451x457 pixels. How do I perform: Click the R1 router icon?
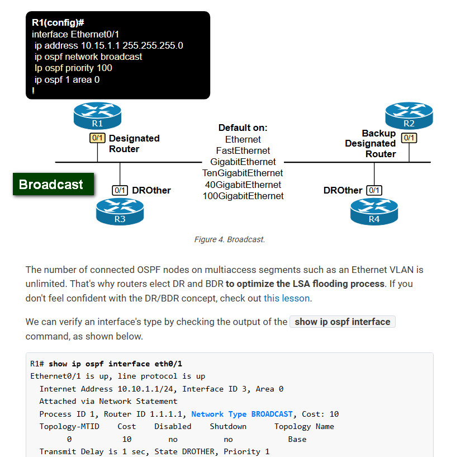click(97, 115)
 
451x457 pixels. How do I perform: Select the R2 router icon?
click(409, 115)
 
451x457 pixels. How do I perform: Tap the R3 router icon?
click(120, 211)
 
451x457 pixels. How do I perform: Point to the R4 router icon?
click(374, 211)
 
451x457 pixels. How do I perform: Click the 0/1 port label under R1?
click(97, 138)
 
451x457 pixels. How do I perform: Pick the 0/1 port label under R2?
click(409, 138)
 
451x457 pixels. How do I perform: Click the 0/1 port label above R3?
click(120, 190)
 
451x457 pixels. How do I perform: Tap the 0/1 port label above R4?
click(374, 190)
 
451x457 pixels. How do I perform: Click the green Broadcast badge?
click(53, 184)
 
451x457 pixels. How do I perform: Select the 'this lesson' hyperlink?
click(287, 298)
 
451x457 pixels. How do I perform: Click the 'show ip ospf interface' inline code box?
click(343, 322)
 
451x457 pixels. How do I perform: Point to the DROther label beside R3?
click(151, 190)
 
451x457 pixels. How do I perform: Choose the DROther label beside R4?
click(343, 190)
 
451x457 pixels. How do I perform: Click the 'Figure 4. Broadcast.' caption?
click(230, 239)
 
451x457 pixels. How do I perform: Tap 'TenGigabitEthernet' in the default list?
click(243, 173)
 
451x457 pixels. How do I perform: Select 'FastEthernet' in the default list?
click(243, 150)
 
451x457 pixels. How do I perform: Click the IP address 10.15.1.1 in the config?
click(100, 45)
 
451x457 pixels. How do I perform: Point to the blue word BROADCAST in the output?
click(272, 414)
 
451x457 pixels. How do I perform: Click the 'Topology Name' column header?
click(304, 426)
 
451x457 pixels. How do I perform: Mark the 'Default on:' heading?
click(243, 128)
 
